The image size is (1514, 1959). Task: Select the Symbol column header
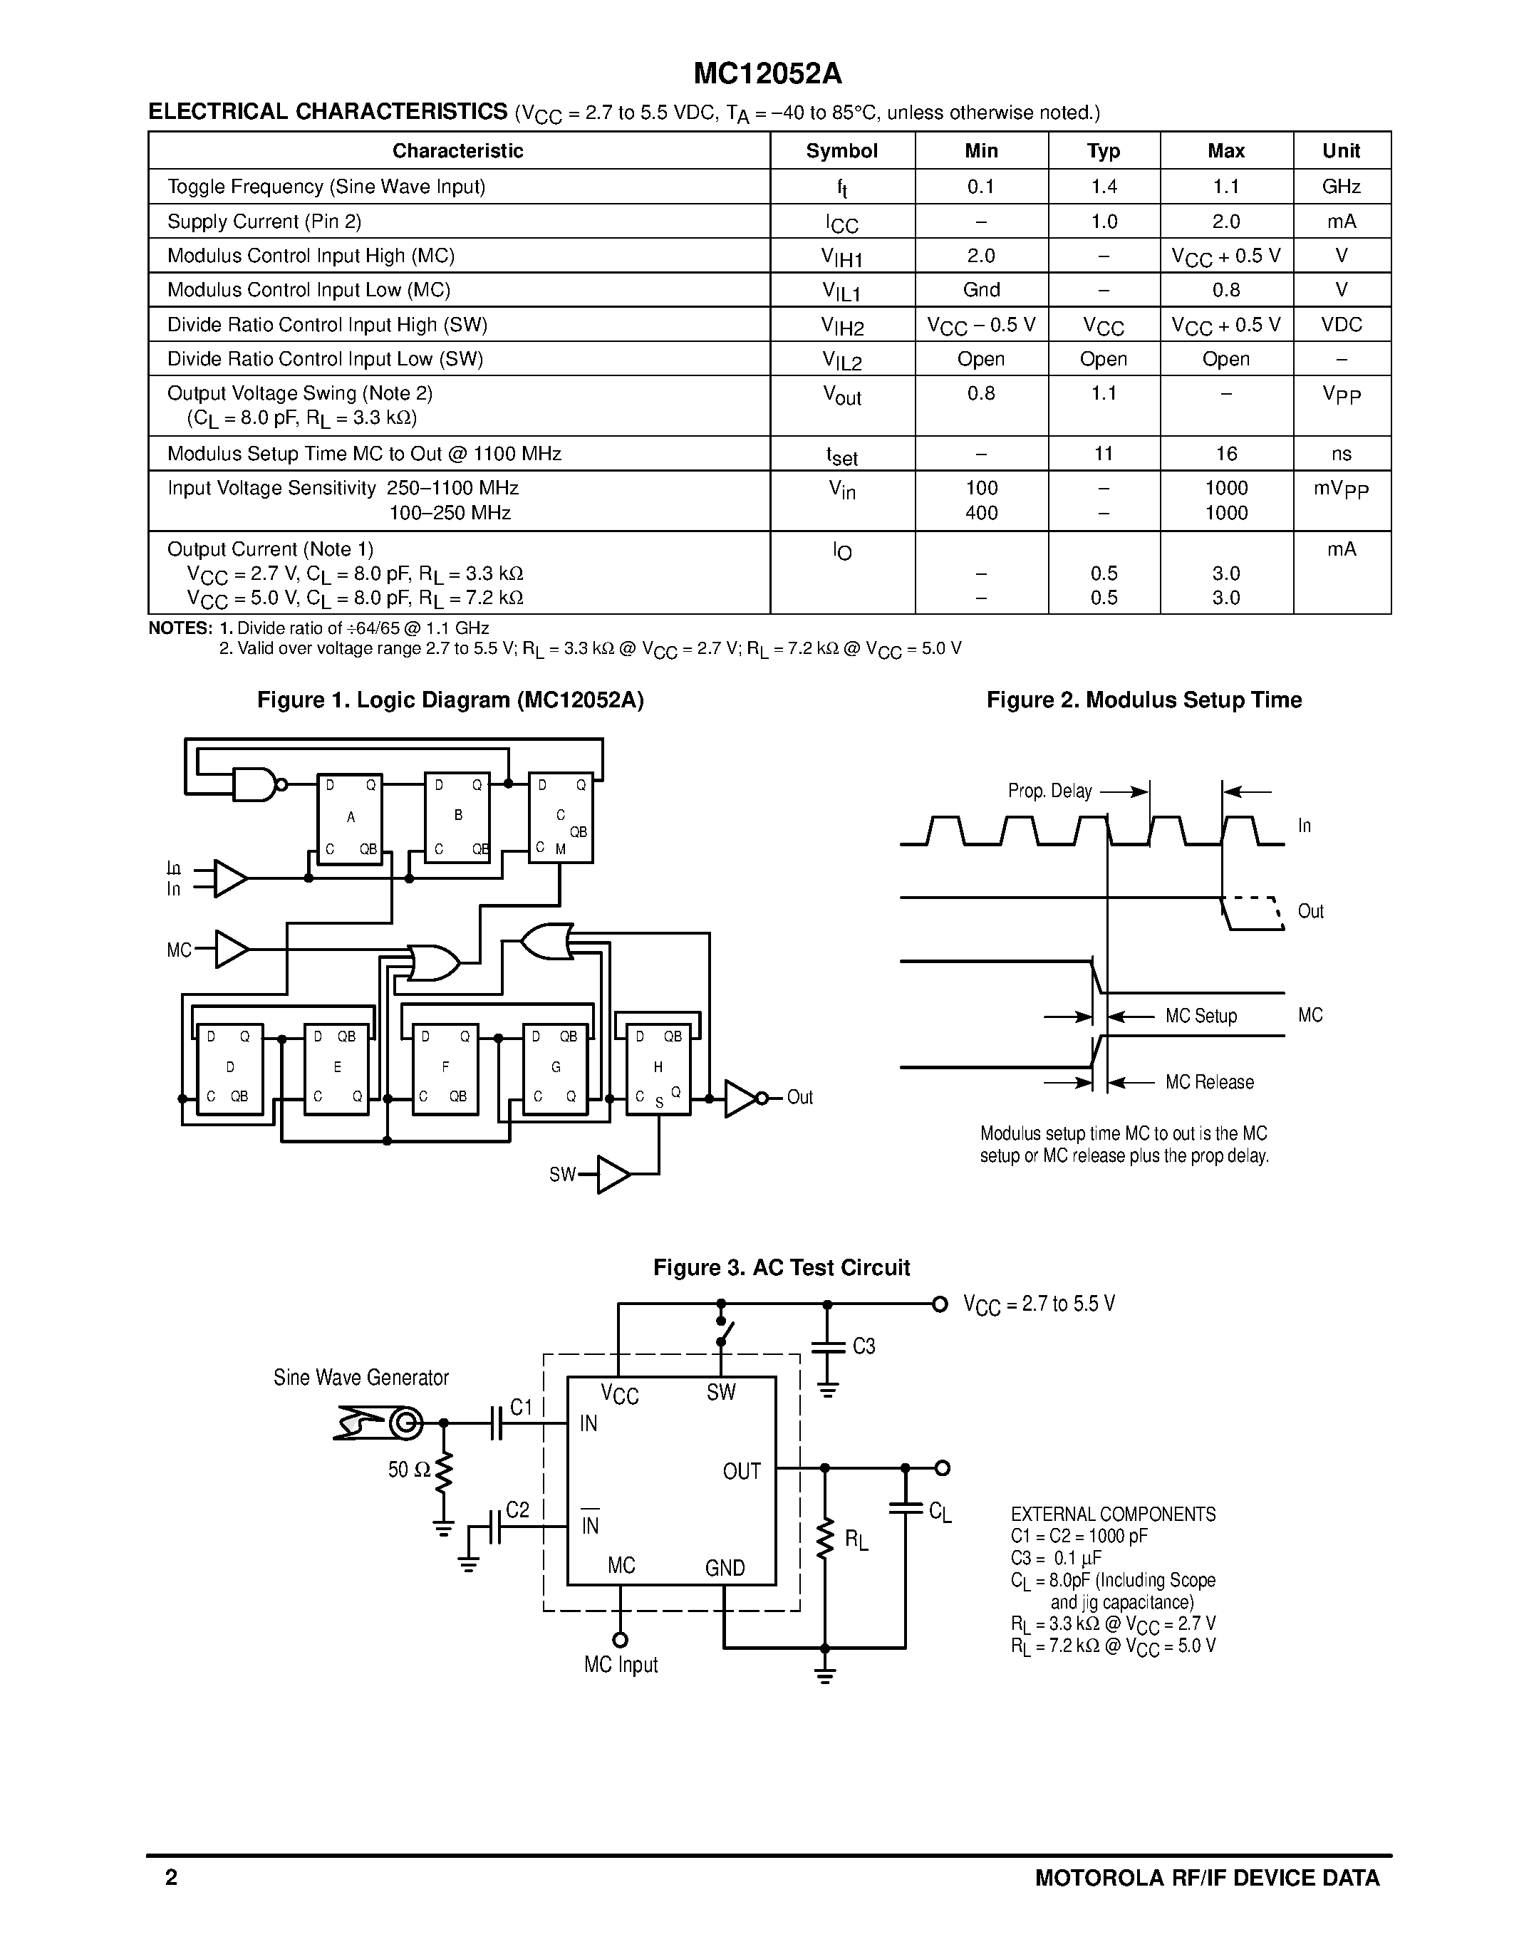(841, 151)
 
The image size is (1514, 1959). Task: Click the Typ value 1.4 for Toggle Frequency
(1103, 187)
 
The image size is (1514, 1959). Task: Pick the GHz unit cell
(1341, 187)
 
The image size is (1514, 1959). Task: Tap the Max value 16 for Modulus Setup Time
(1225, 454)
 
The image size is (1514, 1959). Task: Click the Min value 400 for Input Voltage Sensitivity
(981, 513)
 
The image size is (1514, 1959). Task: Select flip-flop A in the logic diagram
(350, 818)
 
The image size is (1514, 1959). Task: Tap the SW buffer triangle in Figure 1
(613, 1174)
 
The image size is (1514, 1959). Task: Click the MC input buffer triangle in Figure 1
(232, 949)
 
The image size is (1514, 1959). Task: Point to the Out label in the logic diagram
(799, 1098)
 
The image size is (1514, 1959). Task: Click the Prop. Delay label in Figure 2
(1049, 791)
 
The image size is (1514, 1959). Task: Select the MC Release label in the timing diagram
(1209, 1083)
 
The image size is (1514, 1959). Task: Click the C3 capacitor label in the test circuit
(863, 1346)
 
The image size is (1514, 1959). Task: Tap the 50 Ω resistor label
(409, 1470)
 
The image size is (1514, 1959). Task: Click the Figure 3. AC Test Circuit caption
(781, 1267)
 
